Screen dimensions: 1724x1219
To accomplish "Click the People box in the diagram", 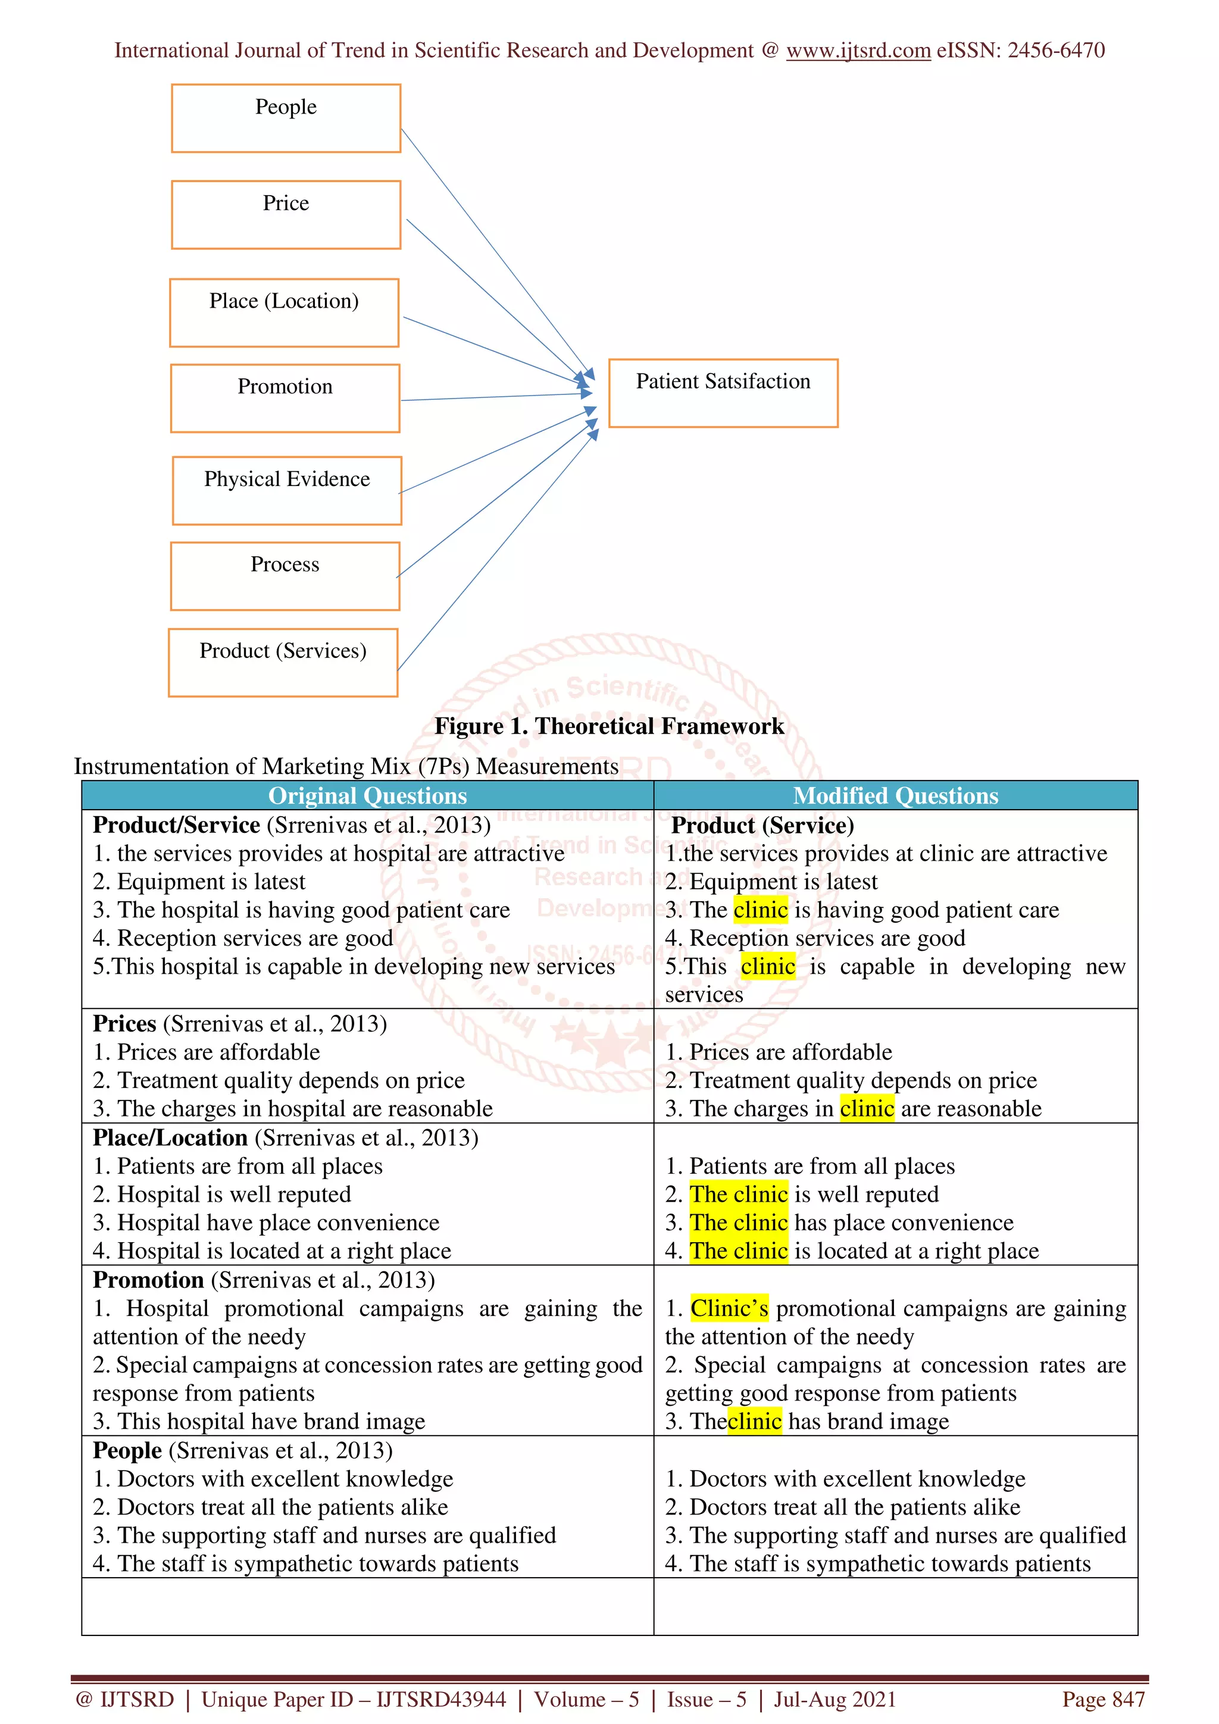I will coord(286,118).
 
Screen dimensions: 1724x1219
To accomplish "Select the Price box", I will coord(286,215).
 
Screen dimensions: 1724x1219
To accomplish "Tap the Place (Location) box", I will coord(284,312).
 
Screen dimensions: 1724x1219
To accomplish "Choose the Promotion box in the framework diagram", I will coord(285,399).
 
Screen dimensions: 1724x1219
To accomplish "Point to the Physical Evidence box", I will coord(287,490).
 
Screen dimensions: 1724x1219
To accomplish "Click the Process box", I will coord(285,576).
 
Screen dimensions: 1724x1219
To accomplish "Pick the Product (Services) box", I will coord(283,662).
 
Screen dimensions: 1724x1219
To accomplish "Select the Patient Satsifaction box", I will coord(723,393).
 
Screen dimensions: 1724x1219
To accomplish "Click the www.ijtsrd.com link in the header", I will coord(858,51).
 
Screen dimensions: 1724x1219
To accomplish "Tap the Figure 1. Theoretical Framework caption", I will coord(609,726).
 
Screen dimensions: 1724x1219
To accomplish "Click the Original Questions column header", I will coord(367,795).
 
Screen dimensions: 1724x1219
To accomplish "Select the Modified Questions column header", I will coord(895,795).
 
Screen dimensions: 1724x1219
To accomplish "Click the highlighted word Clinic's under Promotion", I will coord(729,1308).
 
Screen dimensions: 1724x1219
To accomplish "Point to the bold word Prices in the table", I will coord(124,1023).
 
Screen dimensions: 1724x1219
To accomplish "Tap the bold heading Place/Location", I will coord(170,1137).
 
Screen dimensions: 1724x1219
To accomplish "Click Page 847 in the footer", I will coord(1102,1699).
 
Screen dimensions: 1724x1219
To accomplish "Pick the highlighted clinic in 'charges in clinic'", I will coord(867,1108).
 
